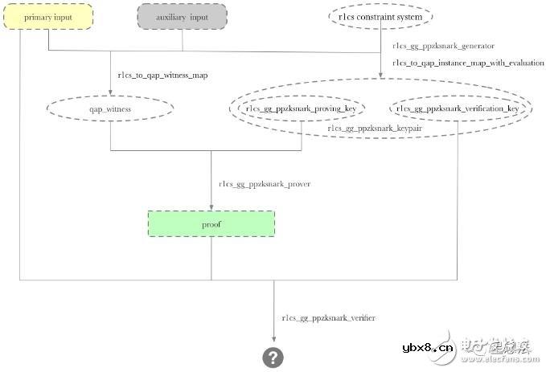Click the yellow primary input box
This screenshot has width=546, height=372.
(x=49, y=17)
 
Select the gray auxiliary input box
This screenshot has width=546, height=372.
(x=182, y=17)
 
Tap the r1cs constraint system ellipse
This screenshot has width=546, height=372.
(x=381, y=16)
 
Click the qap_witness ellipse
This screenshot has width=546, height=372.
(x=111, y=108)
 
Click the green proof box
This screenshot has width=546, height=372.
(x=211, y=224)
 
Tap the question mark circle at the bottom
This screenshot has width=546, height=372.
(x=273, y=358)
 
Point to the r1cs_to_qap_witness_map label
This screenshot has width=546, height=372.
(x=162, y=76)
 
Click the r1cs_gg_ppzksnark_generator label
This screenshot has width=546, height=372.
(x=443, y=46)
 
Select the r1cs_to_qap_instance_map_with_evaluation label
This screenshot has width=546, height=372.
(x=468, y=63)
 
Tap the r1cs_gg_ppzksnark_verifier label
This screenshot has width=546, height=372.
(x=328, y=318)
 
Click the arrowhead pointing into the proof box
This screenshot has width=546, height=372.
(x=211, y=207)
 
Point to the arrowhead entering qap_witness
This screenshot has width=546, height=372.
(x=111, y=92)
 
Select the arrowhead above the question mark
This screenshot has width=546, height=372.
(x=273, y=341)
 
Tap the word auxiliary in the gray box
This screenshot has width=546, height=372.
(x=170, y=17)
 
